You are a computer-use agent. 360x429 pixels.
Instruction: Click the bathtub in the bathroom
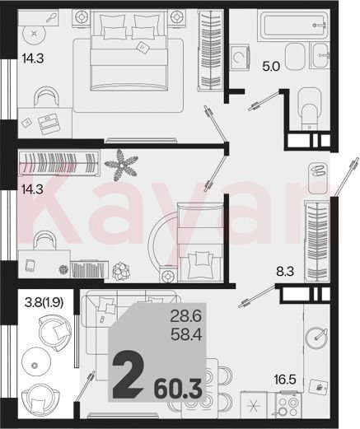(292, 26)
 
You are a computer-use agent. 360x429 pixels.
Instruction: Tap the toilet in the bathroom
(310, 109)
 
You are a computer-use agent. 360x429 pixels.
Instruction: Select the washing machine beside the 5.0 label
(240, 58)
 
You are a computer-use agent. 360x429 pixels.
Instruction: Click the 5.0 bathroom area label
(271, 67)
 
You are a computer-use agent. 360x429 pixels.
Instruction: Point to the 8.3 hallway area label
(285, 272)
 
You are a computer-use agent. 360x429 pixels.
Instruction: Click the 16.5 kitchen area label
(285, 380)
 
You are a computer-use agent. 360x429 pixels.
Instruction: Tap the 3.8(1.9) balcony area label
(44, 302)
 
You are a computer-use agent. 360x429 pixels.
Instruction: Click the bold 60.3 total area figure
(178, 389)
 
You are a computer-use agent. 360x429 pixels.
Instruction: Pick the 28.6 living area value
(186, 316)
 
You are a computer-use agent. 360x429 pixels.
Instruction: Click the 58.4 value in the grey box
(186, 334)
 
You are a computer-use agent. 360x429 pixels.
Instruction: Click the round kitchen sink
(316, 338)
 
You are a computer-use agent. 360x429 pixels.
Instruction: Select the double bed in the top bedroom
(129, 51)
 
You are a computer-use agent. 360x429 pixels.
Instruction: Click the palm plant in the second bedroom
(121, 165)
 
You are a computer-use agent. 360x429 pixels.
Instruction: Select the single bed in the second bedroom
(200, 242)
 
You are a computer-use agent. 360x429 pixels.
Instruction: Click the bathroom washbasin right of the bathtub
(320, 56)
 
